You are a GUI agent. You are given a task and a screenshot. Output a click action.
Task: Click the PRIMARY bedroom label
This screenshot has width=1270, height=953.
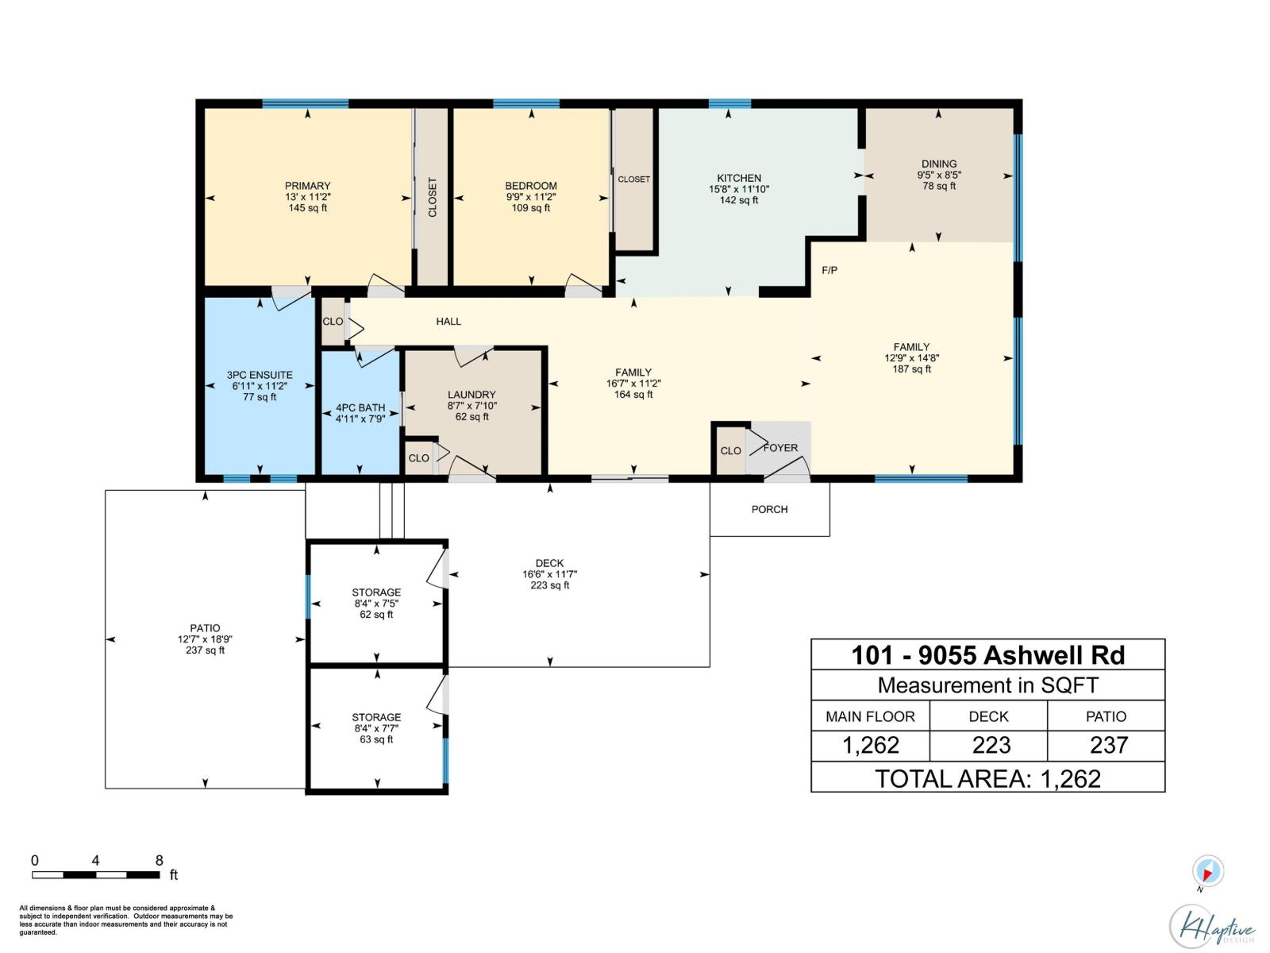pos(307,186)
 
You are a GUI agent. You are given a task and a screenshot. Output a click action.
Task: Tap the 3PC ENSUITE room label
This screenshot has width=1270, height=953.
pos(260,375)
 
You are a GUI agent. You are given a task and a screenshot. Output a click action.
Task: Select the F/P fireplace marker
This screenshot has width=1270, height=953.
pos(829,271)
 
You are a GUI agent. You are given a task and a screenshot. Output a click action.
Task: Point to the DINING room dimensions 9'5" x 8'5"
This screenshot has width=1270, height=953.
pos(939,175)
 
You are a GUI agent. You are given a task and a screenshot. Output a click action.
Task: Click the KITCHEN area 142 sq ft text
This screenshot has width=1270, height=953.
pos(738,201)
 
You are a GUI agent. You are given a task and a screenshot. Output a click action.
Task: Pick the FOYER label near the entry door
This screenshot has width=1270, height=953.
pos(780,448)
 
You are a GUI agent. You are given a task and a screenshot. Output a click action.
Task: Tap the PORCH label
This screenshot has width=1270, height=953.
pos(769,510)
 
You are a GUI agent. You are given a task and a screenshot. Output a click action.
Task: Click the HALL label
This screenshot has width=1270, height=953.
pos(448,322)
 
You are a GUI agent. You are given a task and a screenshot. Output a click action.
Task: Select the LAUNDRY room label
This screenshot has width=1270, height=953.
pos(471,395)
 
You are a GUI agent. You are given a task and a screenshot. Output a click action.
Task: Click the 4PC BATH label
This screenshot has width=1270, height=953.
pos(360,407)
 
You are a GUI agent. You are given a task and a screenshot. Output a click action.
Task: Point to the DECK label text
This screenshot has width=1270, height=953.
pos(549,563)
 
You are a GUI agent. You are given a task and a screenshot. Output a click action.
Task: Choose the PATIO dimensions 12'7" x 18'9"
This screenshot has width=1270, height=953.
pos(205,639)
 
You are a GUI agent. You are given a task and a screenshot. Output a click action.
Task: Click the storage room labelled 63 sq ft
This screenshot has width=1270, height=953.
pos(376,728)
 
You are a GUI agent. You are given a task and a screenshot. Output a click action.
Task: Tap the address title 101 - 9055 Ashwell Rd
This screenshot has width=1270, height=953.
pos(987,655)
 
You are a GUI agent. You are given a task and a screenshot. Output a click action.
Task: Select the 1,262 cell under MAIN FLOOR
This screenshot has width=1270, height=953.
pos(871,745)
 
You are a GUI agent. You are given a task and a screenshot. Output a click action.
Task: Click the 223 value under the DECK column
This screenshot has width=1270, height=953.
pos(991,745)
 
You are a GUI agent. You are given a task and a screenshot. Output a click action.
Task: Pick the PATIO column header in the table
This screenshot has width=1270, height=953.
pos(1106,716)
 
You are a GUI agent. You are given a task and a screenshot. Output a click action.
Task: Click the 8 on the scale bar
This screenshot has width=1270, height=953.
pos(159,860)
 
